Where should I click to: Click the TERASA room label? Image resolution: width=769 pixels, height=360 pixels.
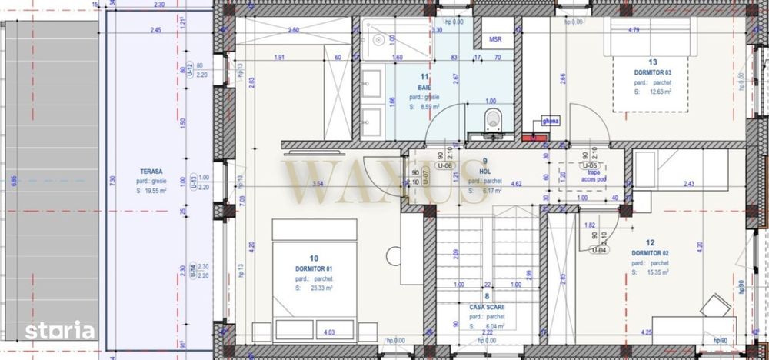151,170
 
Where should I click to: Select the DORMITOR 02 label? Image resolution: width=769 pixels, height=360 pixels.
650,253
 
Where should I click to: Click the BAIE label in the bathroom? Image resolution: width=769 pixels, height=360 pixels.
424,88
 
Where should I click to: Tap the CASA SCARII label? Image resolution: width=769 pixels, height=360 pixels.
486,306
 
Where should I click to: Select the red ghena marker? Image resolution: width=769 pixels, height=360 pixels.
531,137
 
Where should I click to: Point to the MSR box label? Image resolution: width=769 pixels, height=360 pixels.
496,38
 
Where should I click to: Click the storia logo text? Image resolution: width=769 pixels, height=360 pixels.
60,332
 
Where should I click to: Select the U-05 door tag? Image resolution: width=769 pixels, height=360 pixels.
591,165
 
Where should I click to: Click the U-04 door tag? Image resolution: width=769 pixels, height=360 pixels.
599,250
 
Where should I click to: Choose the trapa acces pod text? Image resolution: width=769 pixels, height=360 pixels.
592,177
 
